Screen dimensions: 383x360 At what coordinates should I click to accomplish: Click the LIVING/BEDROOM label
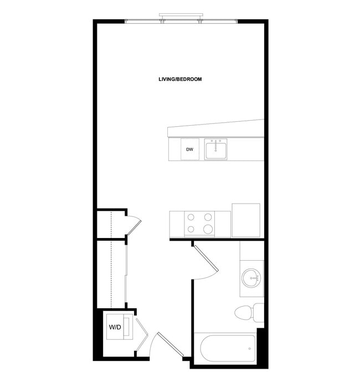coord(180,79)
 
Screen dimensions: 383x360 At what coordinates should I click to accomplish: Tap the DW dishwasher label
coord(189,149)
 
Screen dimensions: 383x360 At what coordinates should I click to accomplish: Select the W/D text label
coord(115,328)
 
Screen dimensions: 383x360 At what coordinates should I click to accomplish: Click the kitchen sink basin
coord(216,151)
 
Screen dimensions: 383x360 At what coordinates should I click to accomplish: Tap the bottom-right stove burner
coord(208,229)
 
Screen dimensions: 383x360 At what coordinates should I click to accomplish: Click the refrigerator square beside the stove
coord(246,221)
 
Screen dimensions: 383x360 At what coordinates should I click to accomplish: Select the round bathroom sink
coord(251,277)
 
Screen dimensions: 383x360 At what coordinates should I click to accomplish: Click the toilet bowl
coord(244,313)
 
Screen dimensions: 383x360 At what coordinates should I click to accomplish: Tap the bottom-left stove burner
coord(191,229)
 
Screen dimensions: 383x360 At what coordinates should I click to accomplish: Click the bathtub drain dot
coord(250,349)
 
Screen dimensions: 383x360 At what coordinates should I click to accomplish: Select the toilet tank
coord(259,313)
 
